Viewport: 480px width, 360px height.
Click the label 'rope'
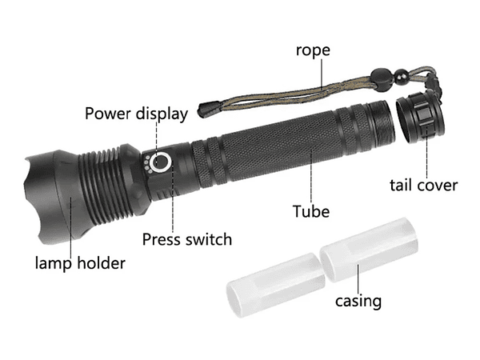[x=313, y=50]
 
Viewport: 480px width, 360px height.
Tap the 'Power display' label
[x=136, y=113]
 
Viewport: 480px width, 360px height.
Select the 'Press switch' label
[x=187, y=238]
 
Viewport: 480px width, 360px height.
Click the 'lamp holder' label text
[x=80, y=262]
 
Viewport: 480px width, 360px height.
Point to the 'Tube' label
[x=311, y=211]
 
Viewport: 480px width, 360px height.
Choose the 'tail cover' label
[x=423, y=185]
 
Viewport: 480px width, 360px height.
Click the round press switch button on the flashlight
[x=162, y=163]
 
